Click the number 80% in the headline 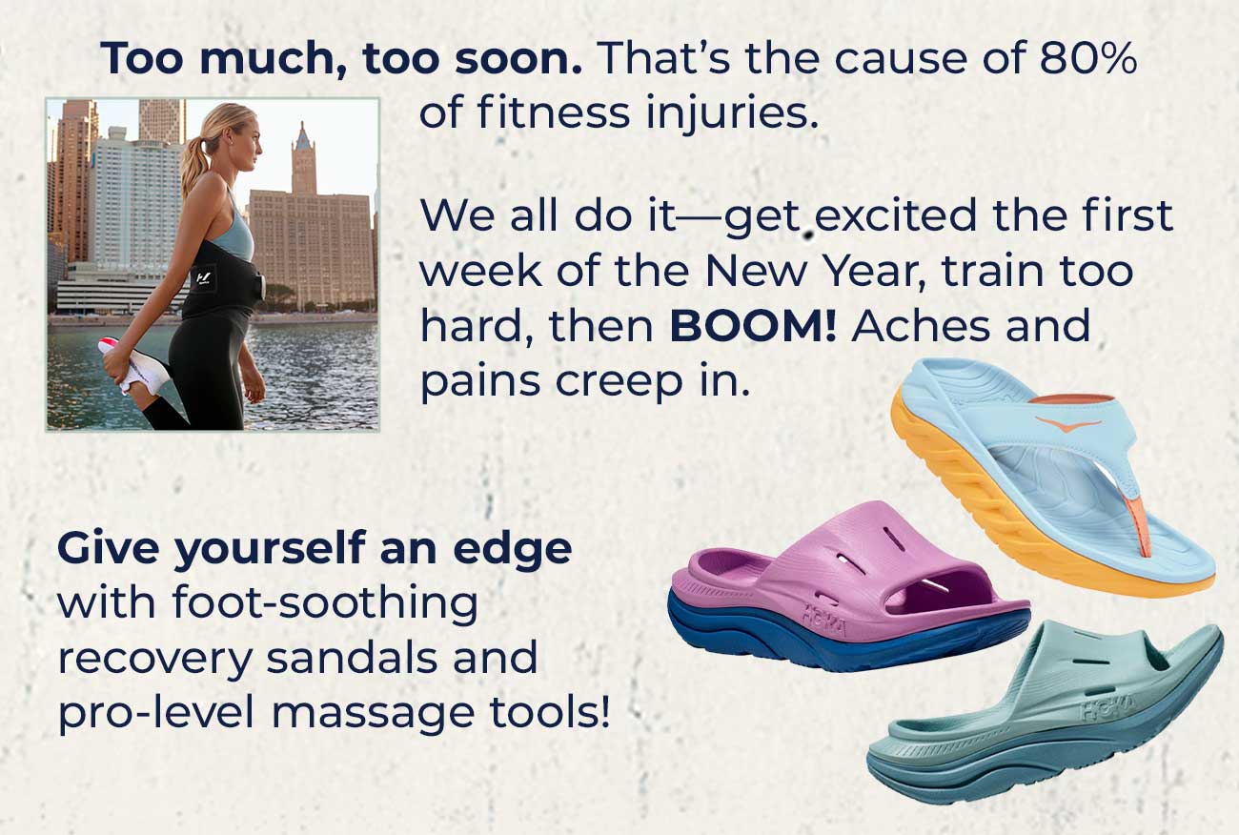(x=1088, y=58)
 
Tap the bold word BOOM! (x=753, y=327)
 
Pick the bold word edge (x=512, y=550)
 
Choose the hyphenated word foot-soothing (x=325, y=604)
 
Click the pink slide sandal (x=849, y=586)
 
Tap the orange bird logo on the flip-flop (x=1068, y=424)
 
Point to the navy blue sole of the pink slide (x=846, y=634)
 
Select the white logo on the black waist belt (x=203, y=276)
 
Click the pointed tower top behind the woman (x=302, y=136)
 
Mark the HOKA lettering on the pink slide (x=823, y=620)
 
